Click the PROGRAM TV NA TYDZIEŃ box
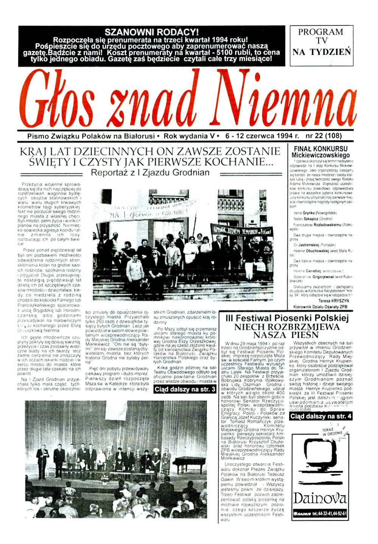(x=322, y=42)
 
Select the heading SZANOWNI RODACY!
(x=151, y=32)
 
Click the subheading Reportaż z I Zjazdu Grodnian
(x=150, y=173)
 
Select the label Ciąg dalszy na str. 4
(x=321, y=416)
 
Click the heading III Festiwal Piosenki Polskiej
(x=286, y=318)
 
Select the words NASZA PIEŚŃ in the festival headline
(x=286, y=335)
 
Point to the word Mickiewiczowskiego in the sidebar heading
(x=320, y=155)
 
